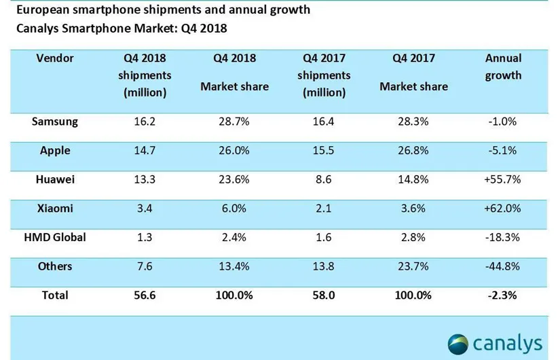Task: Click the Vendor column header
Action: click(x=55, y=58)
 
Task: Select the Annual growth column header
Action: click(x=503, y=67)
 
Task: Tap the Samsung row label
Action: click(x=55, y=122)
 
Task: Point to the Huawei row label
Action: click(x=55, y=180)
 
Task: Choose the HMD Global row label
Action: click(x=55, y=237)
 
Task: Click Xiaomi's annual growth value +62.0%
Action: click(x=503, y=209)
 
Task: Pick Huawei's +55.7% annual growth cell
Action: click(x=503, y=180)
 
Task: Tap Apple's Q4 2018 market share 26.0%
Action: click(x=234, y=151)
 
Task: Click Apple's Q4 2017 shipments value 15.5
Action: click(x=324, y=151)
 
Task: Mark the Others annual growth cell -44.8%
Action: click(x=503, y=266)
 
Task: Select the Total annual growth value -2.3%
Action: click(x=503, y=295)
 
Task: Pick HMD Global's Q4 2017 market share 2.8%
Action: click(x=413, y=237)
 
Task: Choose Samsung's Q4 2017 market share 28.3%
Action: click(x=413, y=122)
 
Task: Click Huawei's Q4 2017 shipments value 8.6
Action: click(x=324, y=180)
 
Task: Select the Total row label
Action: click(x=55, y=295)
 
